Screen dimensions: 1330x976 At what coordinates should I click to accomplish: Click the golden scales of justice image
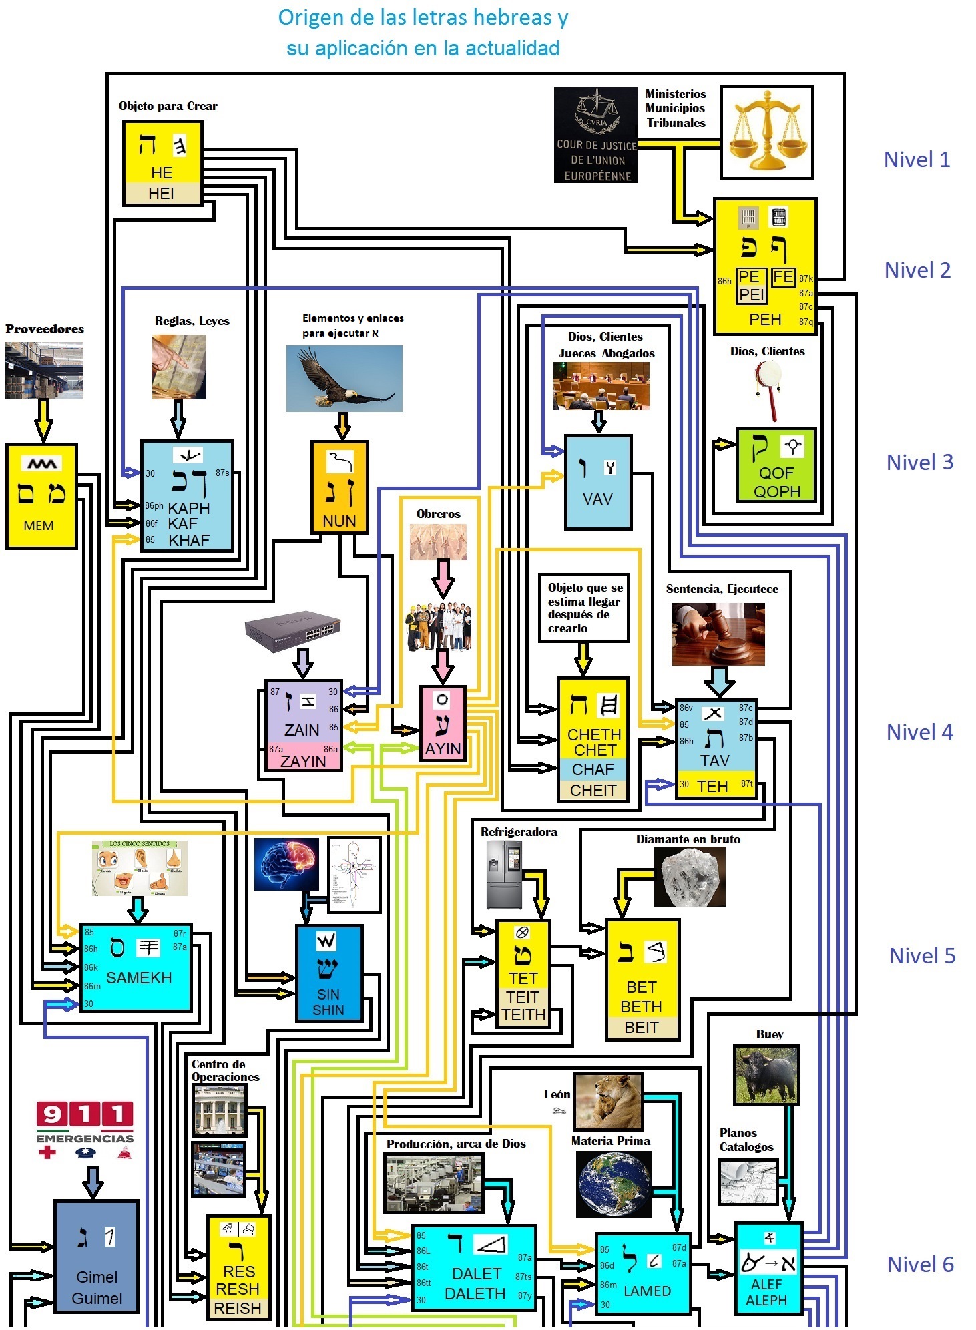click(x=766, y=132)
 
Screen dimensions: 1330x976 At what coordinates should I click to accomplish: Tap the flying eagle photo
click(x=344, y=378)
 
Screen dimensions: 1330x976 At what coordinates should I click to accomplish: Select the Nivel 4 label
click(x=919, y=732)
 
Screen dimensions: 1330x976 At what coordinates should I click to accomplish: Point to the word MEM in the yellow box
click(x=39, y=526)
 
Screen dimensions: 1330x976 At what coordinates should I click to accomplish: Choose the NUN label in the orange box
click(x=339, y=521)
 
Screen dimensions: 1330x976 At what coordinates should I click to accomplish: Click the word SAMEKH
click(x=139, y=978)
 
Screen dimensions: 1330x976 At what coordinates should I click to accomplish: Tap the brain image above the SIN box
click(x=286, y=864)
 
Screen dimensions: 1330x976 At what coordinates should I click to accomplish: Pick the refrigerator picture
click(x=504, y=874)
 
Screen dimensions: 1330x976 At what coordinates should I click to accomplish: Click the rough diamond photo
click(x=689, y=877)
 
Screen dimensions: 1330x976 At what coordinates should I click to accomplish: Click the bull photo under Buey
click(x=766, y=1075)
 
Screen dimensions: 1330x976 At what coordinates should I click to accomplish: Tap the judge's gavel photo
click(x=718, y=634)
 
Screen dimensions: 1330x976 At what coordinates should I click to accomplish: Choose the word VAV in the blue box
click(x=597, y=499)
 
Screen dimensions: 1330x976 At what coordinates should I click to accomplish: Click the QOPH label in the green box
click(x=776, y=491)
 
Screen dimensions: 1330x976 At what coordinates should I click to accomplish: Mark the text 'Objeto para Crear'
click(x=168, y=106)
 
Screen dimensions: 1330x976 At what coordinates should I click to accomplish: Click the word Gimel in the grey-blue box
click(x=97, y=1277)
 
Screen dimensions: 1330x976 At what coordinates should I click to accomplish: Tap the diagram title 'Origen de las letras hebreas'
click(x=423, y=18)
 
